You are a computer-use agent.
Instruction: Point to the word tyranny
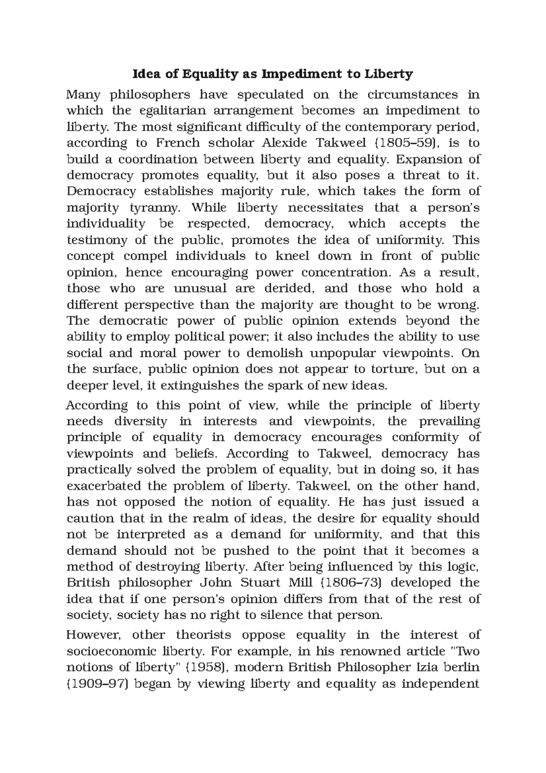click(x=155, y=208)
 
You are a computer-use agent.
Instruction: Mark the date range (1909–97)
click(x=94, y=684)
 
